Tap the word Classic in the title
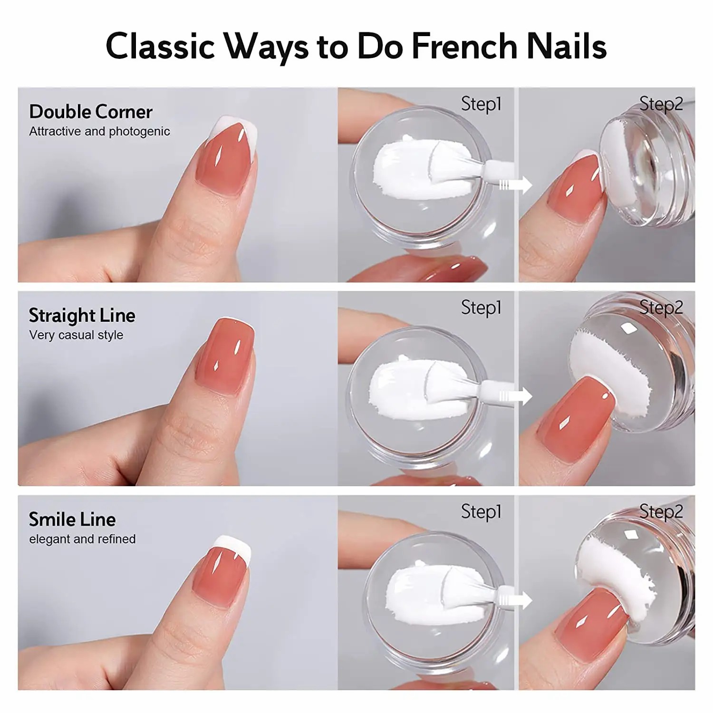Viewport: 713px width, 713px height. pos(160,46)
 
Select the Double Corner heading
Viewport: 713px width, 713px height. pos(91,112)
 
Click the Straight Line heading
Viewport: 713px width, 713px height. pos(82,316)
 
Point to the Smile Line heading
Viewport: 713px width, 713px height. pos(72,520)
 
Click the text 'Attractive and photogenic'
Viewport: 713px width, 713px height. pos(99,132)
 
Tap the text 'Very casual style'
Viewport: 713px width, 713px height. pos(76,335)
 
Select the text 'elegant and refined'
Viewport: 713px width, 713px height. pos(82,539)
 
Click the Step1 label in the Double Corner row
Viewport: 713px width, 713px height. pos(481,105)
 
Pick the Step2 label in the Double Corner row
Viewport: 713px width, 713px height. pos(661,105)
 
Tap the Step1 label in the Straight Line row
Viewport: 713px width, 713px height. pos(481,308)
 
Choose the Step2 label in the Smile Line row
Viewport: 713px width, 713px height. pos(661,512)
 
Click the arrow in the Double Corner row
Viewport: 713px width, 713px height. pos(516,185)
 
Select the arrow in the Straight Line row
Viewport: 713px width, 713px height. pos(516,396)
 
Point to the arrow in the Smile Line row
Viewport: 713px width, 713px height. pos(516,600)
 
